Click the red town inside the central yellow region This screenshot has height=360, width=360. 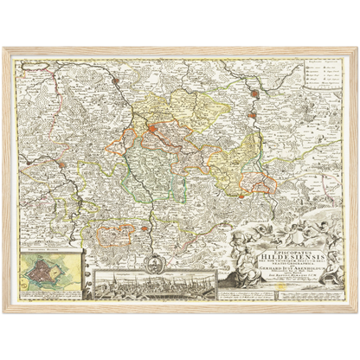click(153, 131)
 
